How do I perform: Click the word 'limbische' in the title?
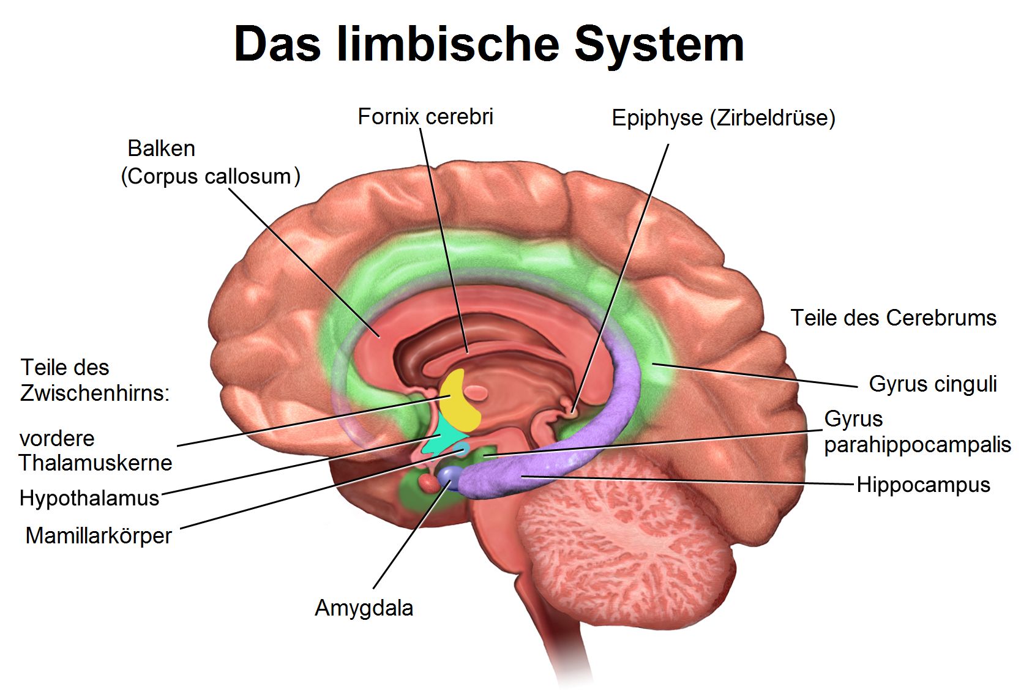coord(447,44)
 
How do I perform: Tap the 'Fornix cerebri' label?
coord(425,117)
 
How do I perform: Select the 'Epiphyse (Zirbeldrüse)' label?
coord(724,118)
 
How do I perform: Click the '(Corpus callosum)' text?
coord(211,176)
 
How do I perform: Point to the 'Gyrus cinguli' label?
coord(933,384)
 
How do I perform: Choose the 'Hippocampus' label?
coord(923,485)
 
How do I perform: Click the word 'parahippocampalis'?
coord(917,445)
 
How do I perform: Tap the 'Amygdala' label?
coord(364,608)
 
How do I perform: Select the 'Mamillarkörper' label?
coord(99,536)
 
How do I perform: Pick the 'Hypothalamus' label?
coord(89,498)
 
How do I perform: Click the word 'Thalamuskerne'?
coord(95,463)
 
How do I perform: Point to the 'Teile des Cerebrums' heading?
coord(893,318)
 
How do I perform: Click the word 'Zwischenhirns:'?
coord(95,393)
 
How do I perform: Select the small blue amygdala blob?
coord(450,475)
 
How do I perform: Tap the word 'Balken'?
coord(161,149)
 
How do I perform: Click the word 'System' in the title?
coord(659,44)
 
